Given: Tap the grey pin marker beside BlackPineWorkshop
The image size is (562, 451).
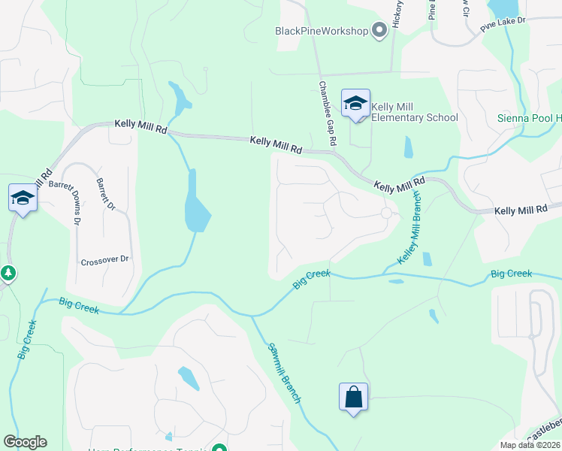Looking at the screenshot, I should coord(379,30).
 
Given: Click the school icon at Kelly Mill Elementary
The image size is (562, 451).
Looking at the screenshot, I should coord(355,104).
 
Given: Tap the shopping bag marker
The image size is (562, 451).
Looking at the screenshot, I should coord(353,396).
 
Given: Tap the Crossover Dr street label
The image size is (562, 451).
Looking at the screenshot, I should coord(105,260).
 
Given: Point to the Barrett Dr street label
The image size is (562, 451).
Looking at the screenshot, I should coord(105,193).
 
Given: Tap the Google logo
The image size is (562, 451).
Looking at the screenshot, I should coord(25,442).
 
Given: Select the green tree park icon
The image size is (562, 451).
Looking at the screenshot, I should coord(8,273).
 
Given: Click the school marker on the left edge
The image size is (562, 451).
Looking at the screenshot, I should coord(23,198).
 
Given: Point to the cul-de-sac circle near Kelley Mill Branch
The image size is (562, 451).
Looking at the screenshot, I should coord(387,213).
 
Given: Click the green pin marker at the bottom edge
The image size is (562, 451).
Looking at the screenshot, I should coord(219,449).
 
